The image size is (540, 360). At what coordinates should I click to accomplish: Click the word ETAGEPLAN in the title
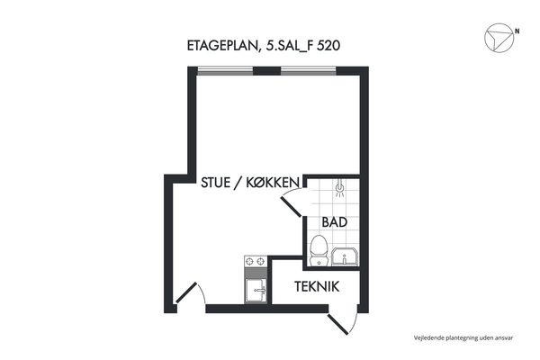(x=223, y=46)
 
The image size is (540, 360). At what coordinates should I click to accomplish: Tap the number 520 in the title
(x=328, y=46)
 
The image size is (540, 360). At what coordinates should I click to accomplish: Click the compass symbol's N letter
(x=517, y=31)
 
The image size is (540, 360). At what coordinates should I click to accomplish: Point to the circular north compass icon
(x=499, y=38)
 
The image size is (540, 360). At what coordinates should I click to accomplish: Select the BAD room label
(x=335, y=222)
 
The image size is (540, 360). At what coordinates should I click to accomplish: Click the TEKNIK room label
(x=317, y=286)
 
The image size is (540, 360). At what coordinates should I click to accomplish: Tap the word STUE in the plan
(x=216, y=183)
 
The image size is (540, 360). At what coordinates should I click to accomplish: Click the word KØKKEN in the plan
(x=273, y=183)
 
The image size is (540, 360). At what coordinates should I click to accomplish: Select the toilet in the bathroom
(x=319, y=250)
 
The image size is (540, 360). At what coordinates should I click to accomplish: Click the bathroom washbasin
(x=345, y=256)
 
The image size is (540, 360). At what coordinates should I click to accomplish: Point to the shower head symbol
(x=339, y=188)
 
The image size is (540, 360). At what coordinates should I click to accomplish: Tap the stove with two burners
(x=256, y=262)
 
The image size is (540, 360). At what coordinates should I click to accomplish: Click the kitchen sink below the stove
(x=256, y=291)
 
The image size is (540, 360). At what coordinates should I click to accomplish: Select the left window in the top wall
(x=225, y=71)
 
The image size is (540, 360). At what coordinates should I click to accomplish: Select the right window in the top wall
(x=309, y=71)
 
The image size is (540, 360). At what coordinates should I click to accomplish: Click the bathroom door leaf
(x=292, y=207)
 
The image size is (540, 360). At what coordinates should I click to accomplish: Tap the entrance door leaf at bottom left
(x=186, y=292)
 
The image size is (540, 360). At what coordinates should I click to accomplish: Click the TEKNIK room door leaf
(x=337, y=325)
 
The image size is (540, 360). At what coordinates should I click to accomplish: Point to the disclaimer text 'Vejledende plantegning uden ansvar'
(x=463, y=338)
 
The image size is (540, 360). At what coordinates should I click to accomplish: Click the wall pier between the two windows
(x=267, y=71)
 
